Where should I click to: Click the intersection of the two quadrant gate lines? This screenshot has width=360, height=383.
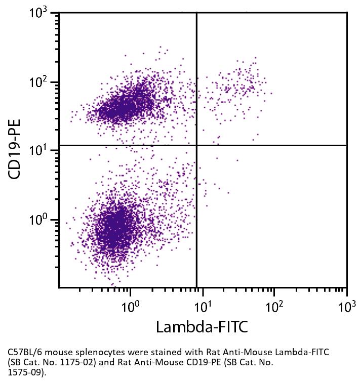click(x=196, y=145)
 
